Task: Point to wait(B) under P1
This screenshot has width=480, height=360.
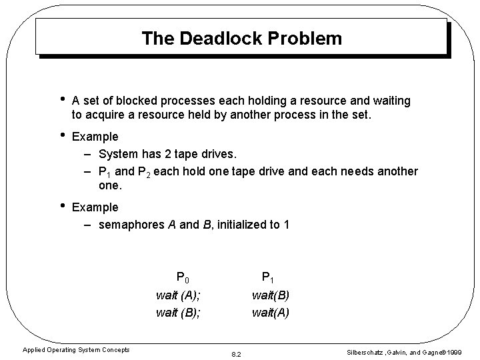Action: [x=270, y=294]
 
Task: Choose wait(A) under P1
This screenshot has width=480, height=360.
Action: [x=270, y=311]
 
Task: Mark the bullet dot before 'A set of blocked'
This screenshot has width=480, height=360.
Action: [x=61, y=100]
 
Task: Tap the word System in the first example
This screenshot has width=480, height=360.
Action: [x=118, y=154]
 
